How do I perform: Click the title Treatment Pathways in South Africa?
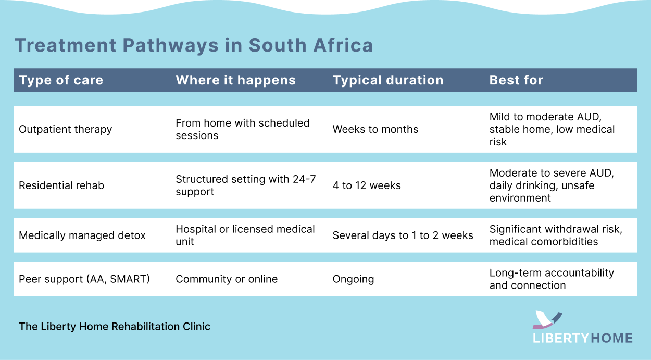tap(194, 45)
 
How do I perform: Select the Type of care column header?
tap(61, 80)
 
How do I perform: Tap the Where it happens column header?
tap(235, 80)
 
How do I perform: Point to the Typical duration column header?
tap(388, 80)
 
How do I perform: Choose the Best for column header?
tap(516, 80)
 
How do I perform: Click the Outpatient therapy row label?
tap(65, 129)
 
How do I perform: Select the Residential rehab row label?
tap(61, 185)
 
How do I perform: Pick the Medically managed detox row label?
tap(82, 235)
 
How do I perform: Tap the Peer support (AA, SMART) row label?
tap(84, 279)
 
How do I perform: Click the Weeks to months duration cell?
tap(375, 129)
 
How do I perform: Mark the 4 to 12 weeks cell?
tap(367, 185)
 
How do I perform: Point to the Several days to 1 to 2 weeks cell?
tap(403, 235)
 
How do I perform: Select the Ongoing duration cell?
tap(353, 279)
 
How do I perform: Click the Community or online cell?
tap(227, 279)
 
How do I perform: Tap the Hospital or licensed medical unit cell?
tap(245, 235)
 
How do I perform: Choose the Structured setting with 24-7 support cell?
tap(245, 185)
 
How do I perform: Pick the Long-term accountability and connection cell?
tap(552, 279)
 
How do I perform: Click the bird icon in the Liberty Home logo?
tap(547, 319)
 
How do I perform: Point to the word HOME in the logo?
tap(611, 338)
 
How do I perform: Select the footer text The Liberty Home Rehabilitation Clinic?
tap(115, 327)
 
